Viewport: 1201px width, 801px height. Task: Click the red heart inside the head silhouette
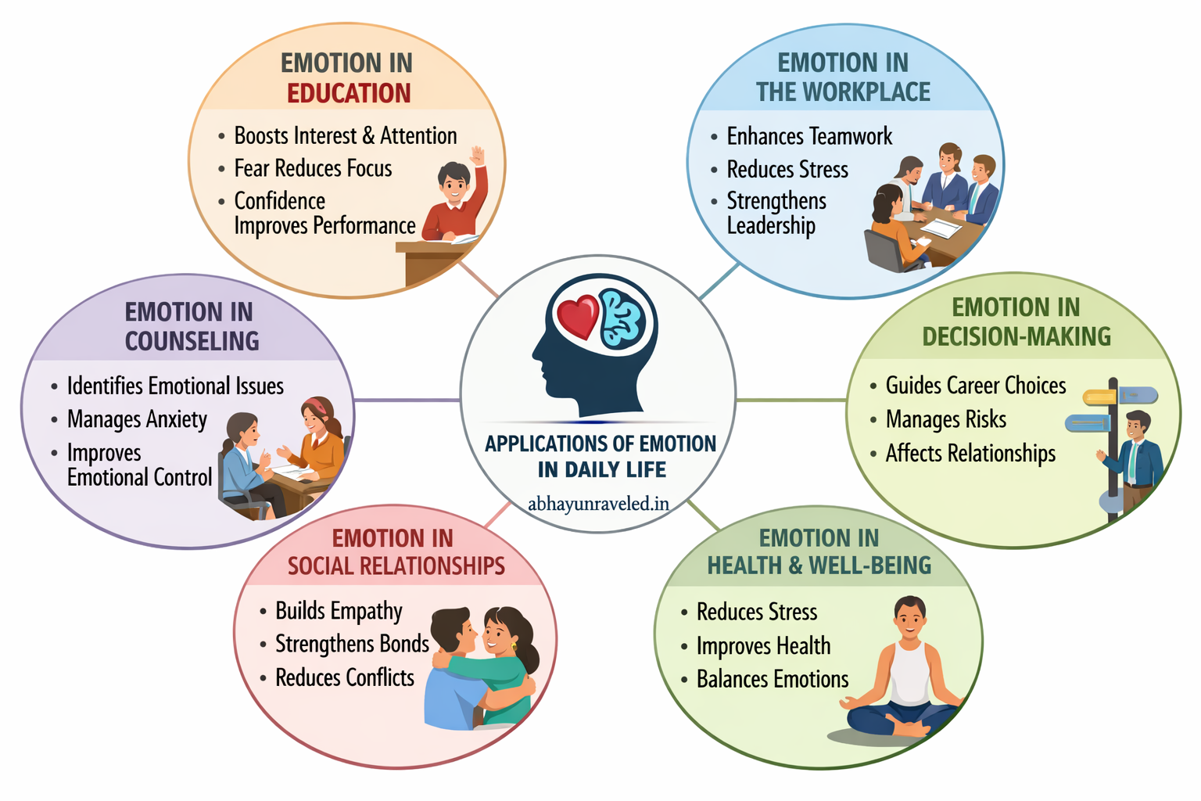pyautogui.click(x=577, y=317)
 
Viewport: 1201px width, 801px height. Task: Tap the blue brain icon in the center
pyautogui.click(x=622, y=318)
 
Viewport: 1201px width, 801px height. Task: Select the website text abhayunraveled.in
pyautogui.click(x=598, y=504)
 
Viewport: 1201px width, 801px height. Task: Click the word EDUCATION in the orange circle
pyautogui.click(x=349, y=93)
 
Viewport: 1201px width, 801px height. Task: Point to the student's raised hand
pyautogui.click(x=477, y=154)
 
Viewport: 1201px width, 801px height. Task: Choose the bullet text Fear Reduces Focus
pyautogui.click(x=313, y=169)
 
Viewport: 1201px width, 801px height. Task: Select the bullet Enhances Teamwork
pyautogui.click(x=809, y=137)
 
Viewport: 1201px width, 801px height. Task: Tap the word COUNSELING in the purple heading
pyautogui.click(x=192, y=341)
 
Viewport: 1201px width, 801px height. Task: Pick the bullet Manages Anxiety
pyautogui.click(x=137, y=420)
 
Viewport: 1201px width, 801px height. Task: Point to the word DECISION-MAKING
pyautogui.click(x=1016, y=336)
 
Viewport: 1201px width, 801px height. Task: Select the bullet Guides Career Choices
pyautogui.click(x=976, y=386)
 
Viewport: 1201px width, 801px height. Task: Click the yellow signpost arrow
pyautogui.click(x=1099, y=397)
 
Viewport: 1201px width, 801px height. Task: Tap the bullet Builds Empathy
pyautogui.click(x=339, y=611)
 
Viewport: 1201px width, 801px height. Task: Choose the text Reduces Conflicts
pyautogui.click(x=345, y=677)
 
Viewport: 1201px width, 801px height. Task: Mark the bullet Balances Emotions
pyautogui.click(x=773, y=679)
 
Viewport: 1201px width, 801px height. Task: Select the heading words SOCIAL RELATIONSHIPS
pyautogui.click(x=396, y=566)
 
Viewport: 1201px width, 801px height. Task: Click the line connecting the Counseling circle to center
pyautogui.click(x=407, y=400)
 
